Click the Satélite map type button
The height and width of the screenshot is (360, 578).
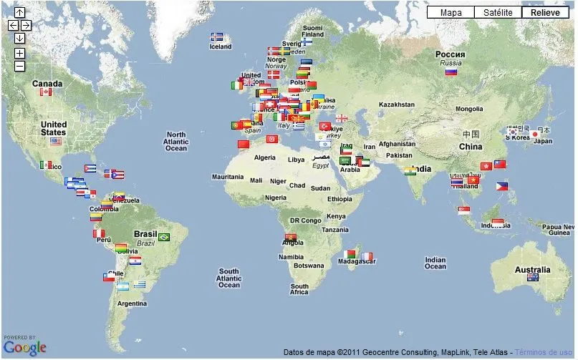(x=497, y=12)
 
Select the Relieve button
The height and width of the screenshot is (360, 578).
(x=545, y=12)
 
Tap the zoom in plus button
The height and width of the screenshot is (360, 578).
(x=19, y=53)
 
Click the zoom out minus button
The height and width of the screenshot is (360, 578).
(x=19, y=66)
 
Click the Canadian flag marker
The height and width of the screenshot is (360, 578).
(x=46, y=92)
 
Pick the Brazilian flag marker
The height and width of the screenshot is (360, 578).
(x=164, y=237)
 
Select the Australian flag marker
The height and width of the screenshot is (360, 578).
(x=532, y=277)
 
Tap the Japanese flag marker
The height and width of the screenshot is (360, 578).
(x=534, y=133)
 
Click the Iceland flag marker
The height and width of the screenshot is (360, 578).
(x=217, y=37)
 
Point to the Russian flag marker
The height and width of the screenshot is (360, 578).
(x=451, y=71)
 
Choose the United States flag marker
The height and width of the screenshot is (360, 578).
(x=56, y=141)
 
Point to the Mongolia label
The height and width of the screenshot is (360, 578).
(x=469, y=110)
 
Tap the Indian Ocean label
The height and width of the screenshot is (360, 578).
(x=435, y=263)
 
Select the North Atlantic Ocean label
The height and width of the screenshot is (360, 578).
(x=175, y=141)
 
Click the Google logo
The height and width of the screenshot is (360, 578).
(x=24, y=348)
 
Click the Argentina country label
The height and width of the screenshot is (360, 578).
(x=132, y=303)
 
